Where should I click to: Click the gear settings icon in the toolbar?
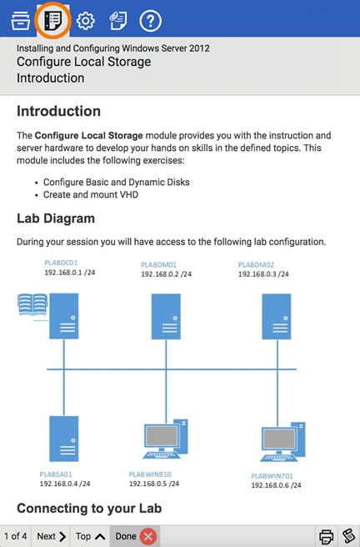click(x=85, y=21)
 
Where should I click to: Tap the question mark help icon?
click(x=150, y=21)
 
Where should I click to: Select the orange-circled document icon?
click(x=53, y=20)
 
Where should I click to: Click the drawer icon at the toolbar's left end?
click(x=21, y=21)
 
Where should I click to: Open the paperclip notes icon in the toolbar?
click(x=118, y=21)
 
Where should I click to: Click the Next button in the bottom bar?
click(x=51, y=536)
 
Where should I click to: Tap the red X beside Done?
click(x=148, y=536)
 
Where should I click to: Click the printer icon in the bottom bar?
click(x=326, y=536)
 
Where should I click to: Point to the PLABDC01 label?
click(x=61, y=263)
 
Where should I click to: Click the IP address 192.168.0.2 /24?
click(x=166, y=274)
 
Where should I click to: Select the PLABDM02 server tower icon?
click(x=277, y=316)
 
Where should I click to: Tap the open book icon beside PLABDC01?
click(x=32, y=305)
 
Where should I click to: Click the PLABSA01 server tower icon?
click(x=64, y=439)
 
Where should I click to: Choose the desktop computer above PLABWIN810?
click(x=166, y=439)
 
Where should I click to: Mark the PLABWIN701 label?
click(x=272, y=476)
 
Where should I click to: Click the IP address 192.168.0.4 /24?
click(x=65, y=484)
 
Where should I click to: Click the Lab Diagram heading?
click(x=56, y=218)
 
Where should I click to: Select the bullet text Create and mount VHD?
click(x=91, y=194)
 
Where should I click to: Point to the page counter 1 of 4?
click(x=16, y=536)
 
